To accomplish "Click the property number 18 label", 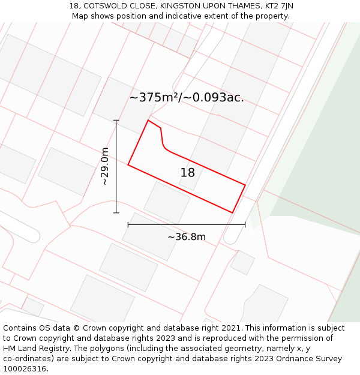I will click(188, 173).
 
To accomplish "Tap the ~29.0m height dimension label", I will click(105, 166).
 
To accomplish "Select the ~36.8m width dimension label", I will click(187, 237).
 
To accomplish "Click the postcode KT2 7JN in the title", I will click(278, 6).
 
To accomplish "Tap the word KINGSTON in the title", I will click(180, 6).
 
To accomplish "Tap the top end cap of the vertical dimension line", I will click(116, 121).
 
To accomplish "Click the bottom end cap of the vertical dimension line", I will click(116, 212).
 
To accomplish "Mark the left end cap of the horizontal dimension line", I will click(128, 225).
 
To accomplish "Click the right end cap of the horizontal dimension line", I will click(245, 225).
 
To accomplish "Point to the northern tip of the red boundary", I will click(148, 120).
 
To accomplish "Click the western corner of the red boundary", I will click(128, 164).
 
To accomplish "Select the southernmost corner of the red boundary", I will click(232, 212).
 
